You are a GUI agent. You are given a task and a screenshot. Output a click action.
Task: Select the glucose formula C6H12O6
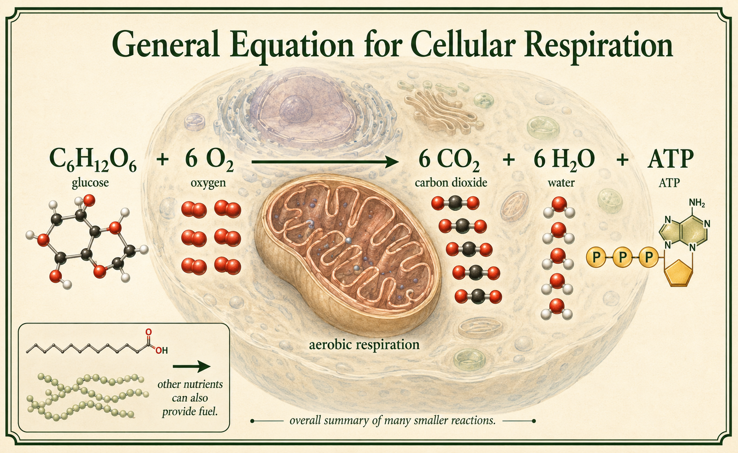tap(93, 161)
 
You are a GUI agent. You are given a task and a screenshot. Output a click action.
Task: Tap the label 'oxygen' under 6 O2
tap(208, 182)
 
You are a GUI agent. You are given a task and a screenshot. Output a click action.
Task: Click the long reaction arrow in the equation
tap(325, 162)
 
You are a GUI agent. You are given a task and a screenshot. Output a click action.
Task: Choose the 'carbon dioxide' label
tap(451, 182)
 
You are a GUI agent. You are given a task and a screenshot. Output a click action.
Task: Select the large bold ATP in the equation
tap(671, 159)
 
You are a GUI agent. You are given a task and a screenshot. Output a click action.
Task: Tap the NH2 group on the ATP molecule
tap(697, 203)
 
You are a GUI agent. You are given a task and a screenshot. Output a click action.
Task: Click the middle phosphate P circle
tap(622, 257)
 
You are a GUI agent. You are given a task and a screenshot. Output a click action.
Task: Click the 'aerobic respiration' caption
tap(364, 345)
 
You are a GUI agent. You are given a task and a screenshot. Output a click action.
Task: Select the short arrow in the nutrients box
tap(191, 366)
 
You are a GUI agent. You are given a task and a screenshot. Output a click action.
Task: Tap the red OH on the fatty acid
tap(162, 350)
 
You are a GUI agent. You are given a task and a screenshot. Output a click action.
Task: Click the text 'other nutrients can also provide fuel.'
tap(190, 398)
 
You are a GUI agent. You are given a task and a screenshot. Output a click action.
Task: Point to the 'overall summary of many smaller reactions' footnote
tap(393, 421)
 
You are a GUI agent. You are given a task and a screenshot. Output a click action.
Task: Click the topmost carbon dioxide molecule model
tap(455, 203)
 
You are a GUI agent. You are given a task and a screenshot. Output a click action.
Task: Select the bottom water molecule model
tap(557, 309)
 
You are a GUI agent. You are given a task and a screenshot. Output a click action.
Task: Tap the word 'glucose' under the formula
tap(90, 182)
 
